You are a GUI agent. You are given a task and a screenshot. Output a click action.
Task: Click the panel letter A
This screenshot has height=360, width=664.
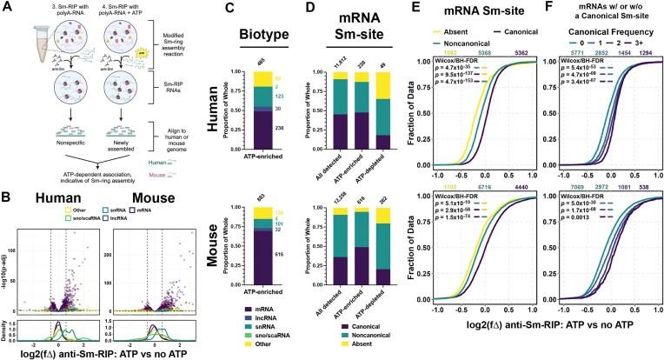(x=5, y=6)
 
